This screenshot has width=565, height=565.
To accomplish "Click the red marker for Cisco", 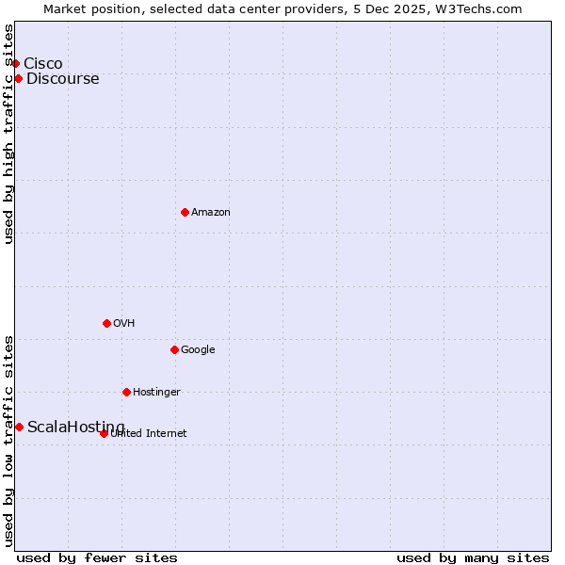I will click(x=16, y=63).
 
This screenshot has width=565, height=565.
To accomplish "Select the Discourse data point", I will click(x=18, y=78).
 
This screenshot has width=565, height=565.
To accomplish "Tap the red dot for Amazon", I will click(x=185, y=212).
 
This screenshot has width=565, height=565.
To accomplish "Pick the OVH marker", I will click(x=106, y=323).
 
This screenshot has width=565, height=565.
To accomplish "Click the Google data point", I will click(x=174, y=349).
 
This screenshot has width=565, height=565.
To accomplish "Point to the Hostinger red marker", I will click(x=126, y=392).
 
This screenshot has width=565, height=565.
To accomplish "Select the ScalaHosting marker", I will click(x=19, y=427).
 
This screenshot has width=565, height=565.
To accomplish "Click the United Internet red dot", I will click(x=104, y=433).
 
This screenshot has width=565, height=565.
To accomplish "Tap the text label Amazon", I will click(x=211, y=213).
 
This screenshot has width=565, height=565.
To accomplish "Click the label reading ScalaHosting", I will click(x=75, y=427).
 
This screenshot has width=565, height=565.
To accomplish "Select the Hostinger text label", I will click(x=156, y=392).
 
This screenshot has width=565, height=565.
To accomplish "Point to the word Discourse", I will click(x=62, y=78).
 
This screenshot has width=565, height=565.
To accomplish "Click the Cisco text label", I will click(x=43, y=63).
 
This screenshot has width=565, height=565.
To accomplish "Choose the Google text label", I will click(x=198, y=349).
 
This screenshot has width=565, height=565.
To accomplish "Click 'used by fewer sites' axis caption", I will click(x=97, y=557).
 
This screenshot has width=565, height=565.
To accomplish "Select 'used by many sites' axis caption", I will click(x=473, y=557).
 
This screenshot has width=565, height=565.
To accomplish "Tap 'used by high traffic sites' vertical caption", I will click(x=8, y=134).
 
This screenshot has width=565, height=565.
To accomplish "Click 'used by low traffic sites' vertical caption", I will click(x=8, y=440).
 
